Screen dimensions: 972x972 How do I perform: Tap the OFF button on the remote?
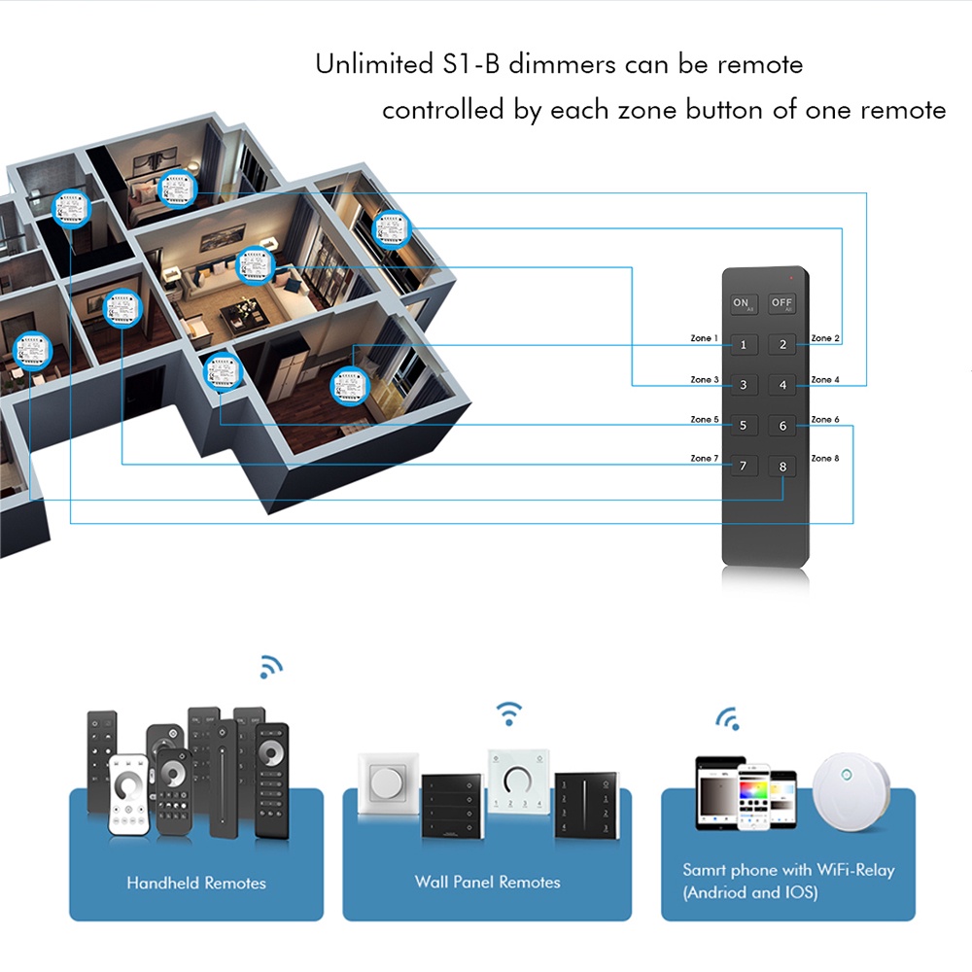[x=782, y=303]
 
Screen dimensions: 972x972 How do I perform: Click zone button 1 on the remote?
[x=744, y=344]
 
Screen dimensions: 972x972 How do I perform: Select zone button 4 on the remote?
[x=782, y=385]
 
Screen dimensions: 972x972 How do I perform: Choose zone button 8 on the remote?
[x=782, y=467]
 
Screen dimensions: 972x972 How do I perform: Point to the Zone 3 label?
[x=705, y=379]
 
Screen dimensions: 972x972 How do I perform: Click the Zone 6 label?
[x=825, y=419]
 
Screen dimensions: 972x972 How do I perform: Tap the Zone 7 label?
[x=705, y=458]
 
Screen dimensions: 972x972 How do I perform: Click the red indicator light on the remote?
[x=792, y=278]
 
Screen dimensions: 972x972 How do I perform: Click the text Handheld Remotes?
[x=196, y=883]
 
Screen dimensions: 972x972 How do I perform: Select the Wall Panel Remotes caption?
[x=488, y=882]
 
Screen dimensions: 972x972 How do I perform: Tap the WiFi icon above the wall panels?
[x=508, y=713]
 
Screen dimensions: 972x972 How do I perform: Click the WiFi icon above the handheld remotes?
[x=270, y=667]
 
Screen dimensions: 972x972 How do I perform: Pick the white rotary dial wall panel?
[x=516, y=781]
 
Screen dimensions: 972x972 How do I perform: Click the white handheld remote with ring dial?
[x=129, y=795]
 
